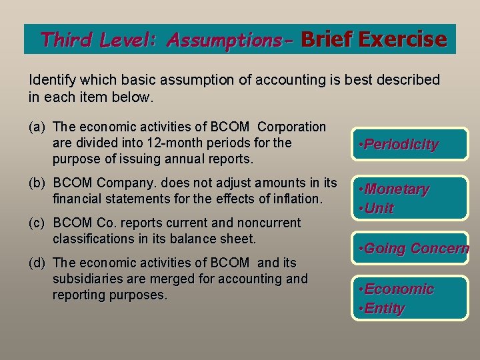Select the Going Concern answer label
click(413, 249)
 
